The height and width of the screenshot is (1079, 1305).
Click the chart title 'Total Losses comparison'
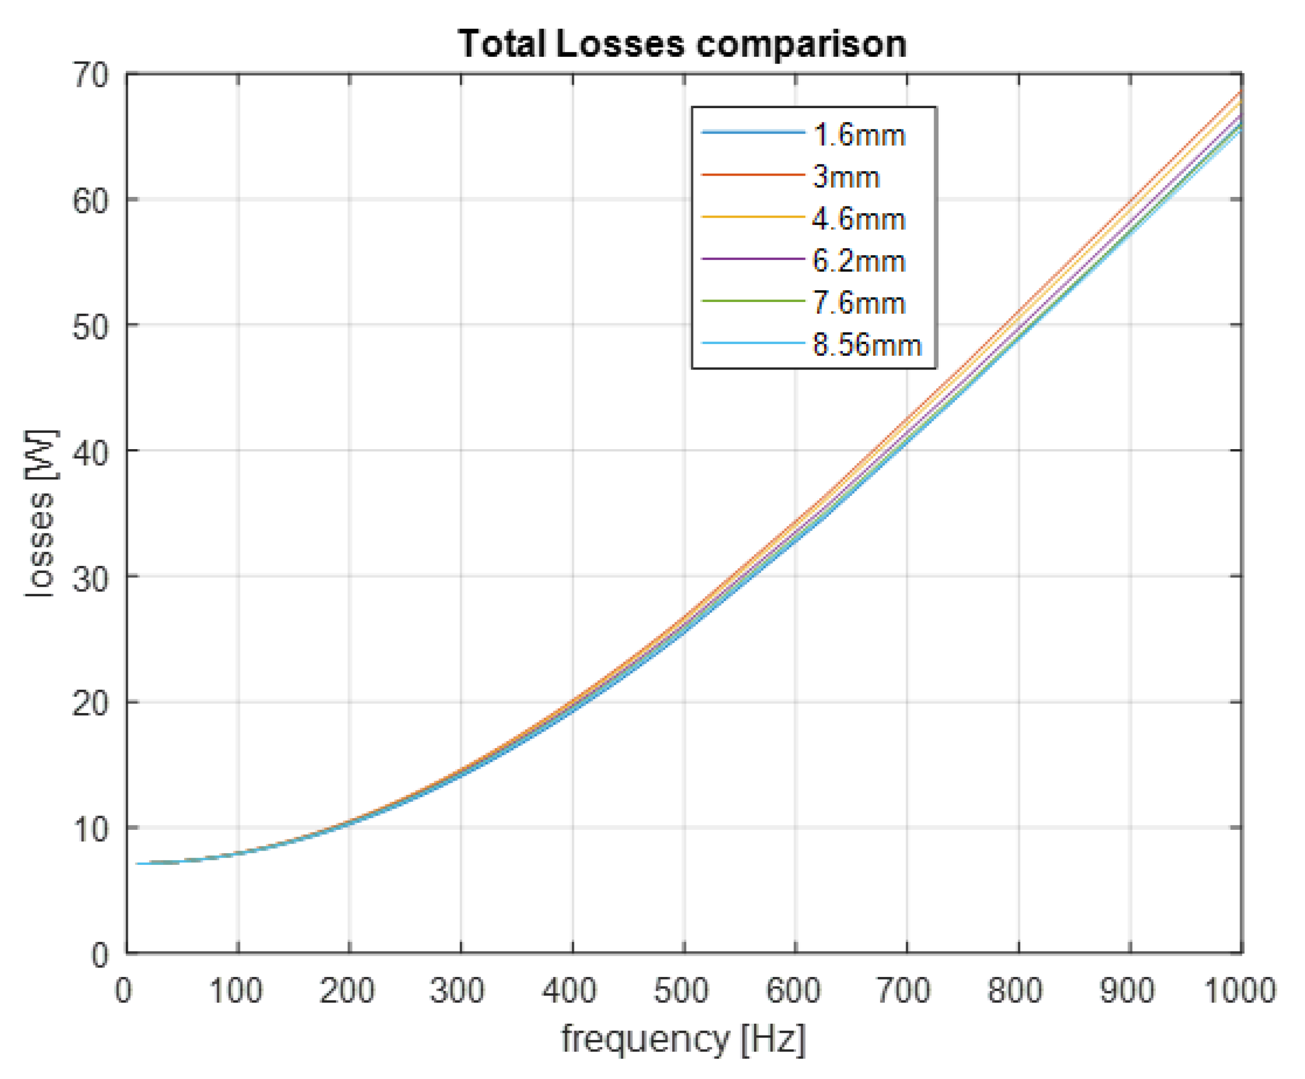click(x=682, y=45)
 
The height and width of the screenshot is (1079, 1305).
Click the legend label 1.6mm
click(x=859, y=136)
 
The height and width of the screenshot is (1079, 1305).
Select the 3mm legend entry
click(x=846, y=177)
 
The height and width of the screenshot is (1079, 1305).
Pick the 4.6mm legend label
click(x=859, y=219)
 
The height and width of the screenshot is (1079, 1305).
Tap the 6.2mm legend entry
click(x=859, y=261)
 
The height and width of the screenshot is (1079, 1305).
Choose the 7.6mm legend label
click(x=859, y=304)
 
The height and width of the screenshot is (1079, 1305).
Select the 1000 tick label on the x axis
click(x=1240, y=990)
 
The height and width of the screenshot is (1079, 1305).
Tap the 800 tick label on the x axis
click(x=1015, y=990)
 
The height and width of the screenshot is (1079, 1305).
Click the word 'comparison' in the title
click(x=801, y=45)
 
